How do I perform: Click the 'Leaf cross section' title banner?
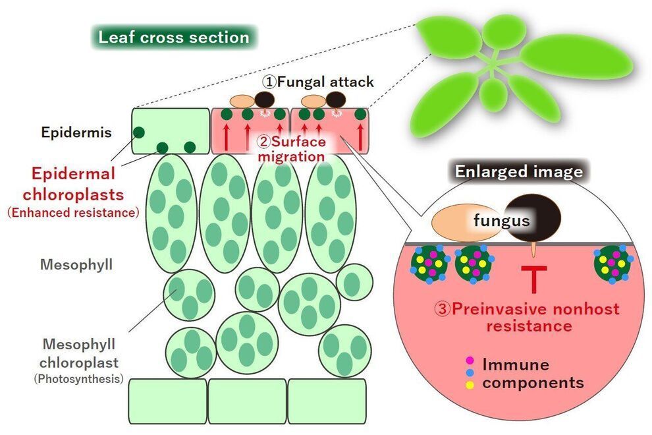point(174,37)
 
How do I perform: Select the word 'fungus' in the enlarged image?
point(502,221)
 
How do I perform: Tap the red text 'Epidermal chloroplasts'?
point(73,185)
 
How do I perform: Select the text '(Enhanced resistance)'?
point(72,213)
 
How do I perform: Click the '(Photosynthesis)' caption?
point(78,379)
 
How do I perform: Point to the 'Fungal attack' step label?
point(319,82)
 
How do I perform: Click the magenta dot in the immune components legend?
point(470,360)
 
